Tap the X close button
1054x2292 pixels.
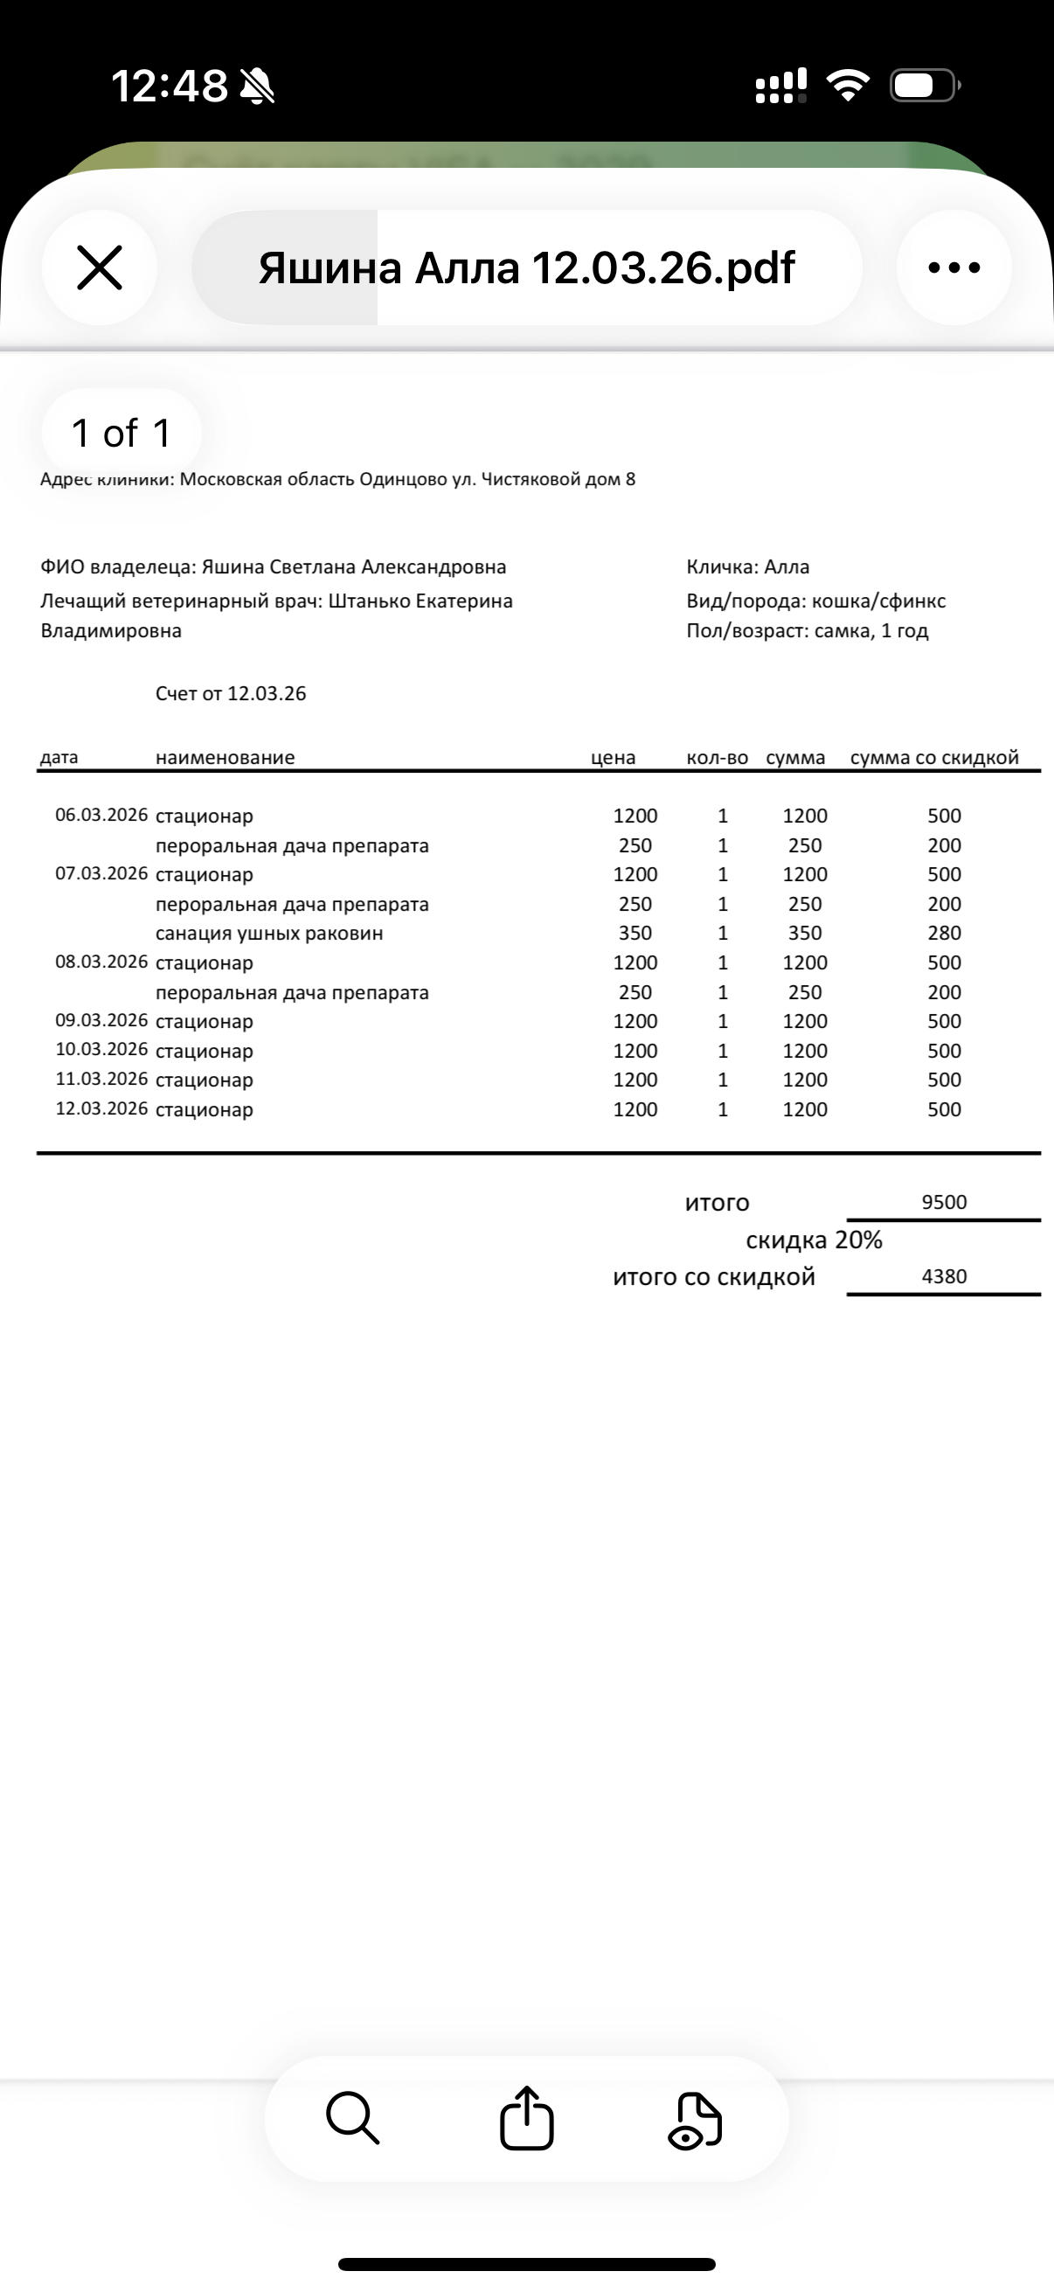(x=100, y=267)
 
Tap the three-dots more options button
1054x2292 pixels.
(x=953, y=267)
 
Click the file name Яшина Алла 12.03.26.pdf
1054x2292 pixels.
(x=526, y=267)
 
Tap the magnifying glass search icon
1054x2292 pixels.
(x=353, y=2119)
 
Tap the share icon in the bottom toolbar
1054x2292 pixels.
(x=526, y=2119)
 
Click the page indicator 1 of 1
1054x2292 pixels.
(x=121, y=434)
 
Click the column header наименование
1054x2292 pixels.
(x=225, y=758)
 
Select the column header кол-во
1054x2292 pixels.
(x=717, y=758)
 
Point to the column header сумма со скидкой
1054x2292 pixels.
(x=934, y=758)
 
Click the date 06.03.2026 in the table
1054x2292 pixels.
(x=101, y=815)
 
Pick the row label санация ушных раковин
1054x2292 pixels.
(x=268, y=934)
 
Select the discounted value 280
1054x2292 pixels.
(x=944, y=934)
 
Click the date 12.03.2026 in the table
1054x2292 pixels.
(x=101, y=1108)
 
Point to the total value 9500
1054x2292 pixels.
(x=944, y=1202)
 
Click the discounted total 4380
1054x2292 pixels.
(x=944, y=1277)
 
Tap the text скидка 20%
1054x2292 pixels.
(x=814, y=1240)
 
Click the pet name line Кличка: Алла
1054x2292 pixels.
(x=748, y=567)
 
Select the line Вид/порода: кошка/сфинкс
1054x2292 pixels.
(x=815, y=601)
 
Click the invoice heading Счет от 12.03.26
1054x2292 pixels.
(x=231, y=694)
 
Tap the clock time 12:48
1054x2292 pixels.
(x=169, y=87)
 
